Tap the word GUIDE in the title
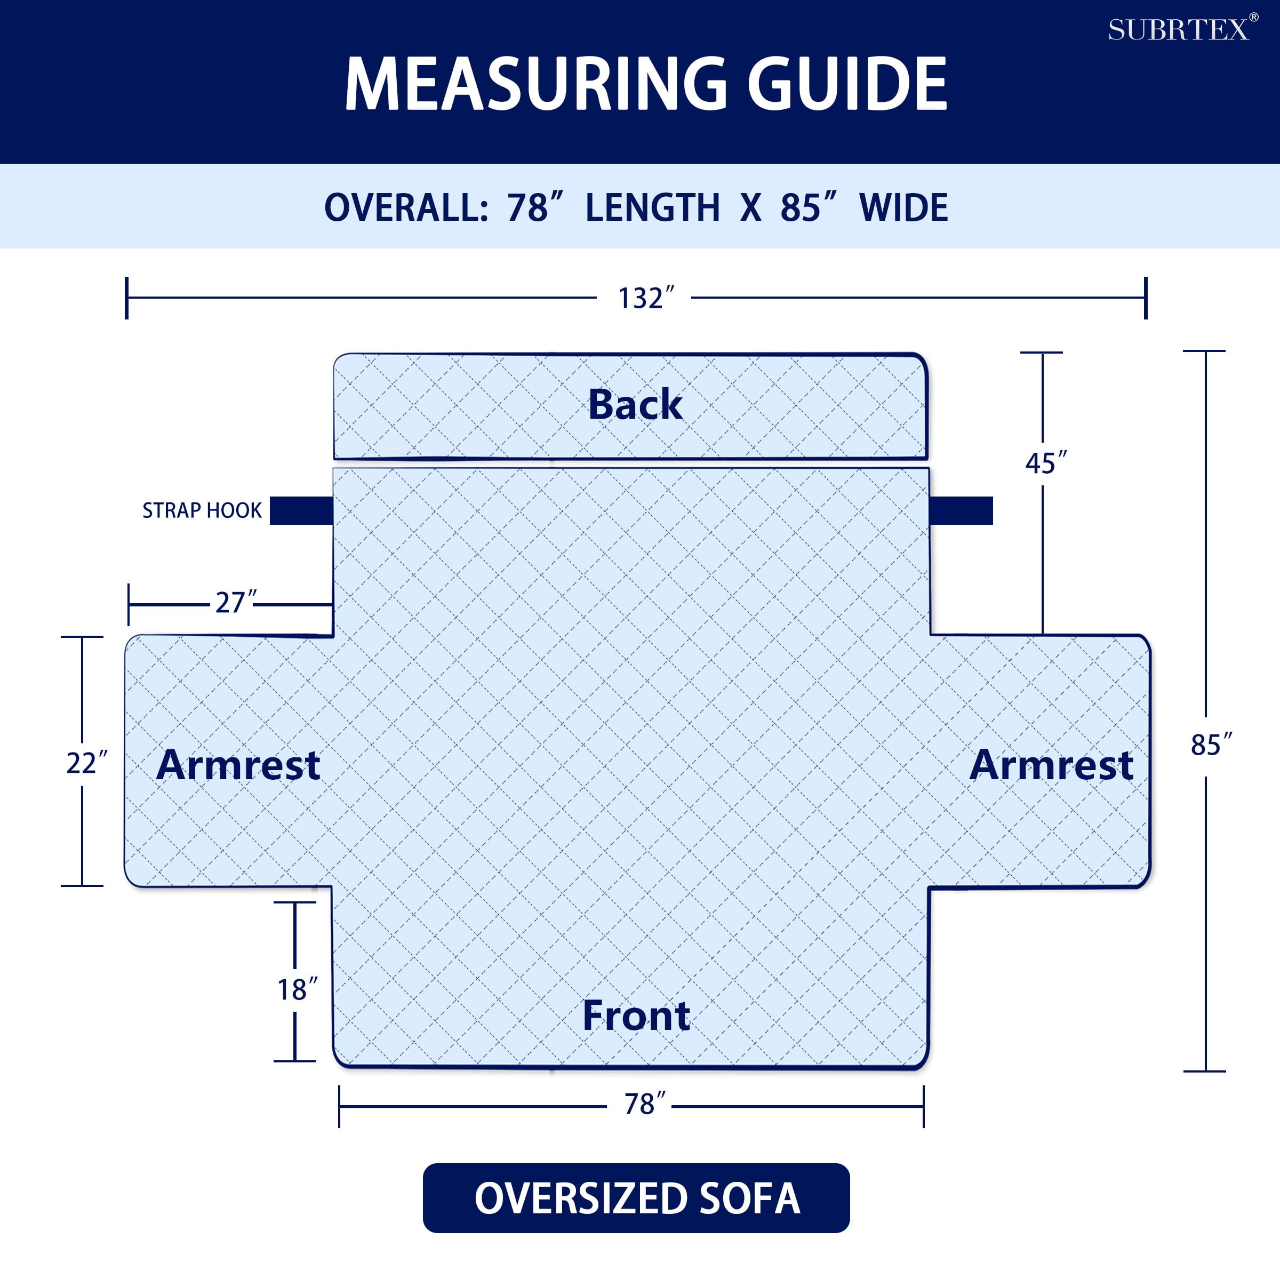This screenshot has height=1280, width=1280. coord(847,84)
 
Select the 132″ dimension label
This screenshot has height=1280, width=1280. coord(646,298)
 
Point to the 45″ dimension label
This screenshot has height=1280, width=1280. coord(1046,463)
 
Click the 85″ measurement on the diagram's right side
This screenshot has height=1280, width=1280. coord(1212,745)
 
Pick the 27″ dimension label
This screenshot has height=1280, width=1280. coord(236,602)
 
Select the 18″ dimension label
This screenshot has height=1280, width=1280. coord(298,990)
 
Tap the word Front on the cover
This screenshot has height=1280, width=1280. coord(636,1015)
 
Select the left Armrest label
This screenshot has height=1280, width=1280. coord(238,765)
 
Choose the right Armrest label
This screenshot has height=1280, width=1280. coord(1051,765)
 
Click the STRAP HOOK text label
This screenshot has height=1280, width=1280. coord(202,510)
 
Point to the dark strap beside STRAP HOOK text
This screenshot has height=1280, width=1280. coord(301,510)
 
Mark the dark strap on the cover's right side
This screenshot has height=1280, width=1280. coord(961,510)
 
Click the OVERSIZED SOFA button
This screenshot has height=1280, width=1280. coord(636,1198)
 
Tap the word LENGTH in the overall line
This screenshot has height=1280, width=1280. coord(653,207)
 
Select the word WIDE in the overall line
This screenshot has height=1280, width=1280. coord(903,207)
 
